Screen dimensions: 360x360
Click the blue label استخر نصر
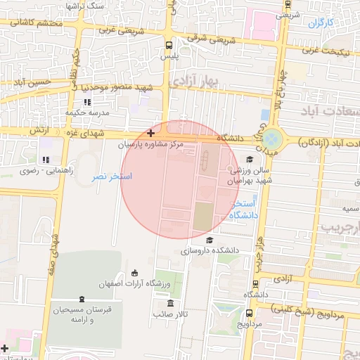tap(112, 176)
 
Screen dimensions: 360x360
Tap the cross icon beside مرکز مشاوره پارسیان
tap(151, 132)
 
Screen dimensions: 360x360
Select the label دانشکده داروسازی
tap(211, 250)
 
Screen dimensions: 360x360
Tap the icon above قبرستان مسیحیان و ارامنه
tap(82, 299)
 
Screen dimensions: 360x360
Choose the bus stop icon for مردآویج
tap(250, 314)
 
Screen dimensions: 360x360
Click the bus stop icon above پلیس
tap(168, 44)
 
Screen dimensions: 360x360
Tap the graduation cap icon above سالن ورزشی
tap(250, 160)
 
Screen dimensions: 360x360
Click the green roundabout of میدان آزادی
tap(271, 141)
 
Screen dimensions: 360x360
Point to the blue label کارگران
tap(320, 23)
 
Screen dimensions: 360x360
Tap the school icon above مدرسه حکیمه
tap(87, 103)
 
